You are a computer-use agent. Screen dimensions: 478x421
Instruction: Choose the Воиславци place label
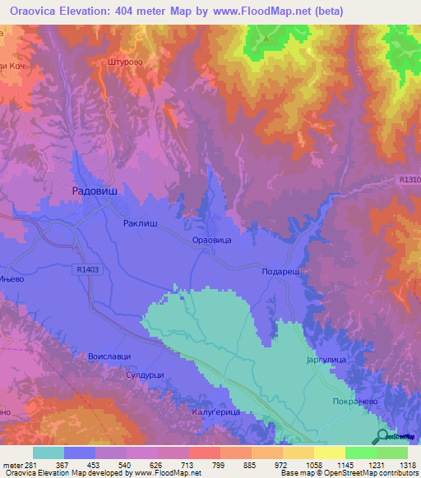tap(108, 358)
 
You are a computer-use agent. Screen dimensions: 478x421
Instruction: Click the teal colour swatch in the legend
tap(49, 453)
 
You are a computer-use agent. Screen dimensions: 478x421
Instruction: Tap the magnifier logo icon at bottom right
tap(382, 437)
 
